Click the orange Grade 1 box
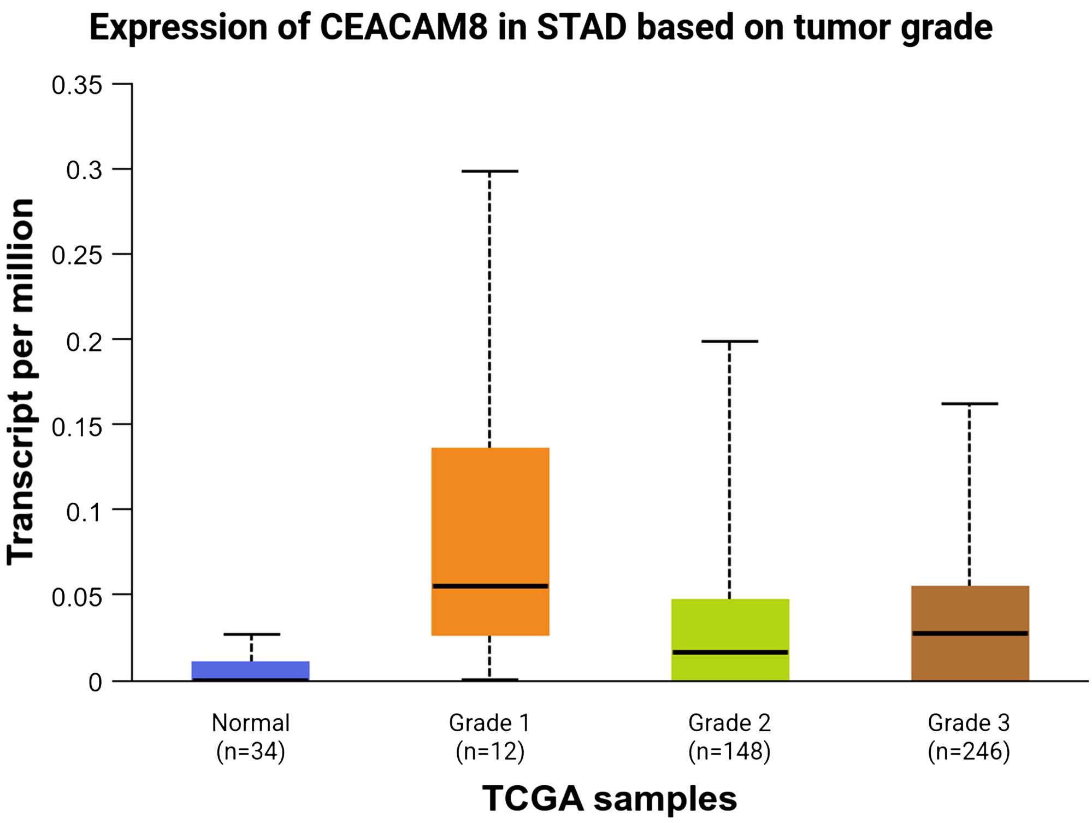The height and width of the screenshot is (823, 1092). (490, 542)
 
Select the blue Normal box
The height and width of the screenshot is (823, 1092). (251, 671)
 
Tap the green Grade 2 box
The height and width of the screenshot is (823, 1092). (730, 639)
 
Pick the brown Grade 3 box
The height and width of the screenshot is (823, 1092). (970, 633)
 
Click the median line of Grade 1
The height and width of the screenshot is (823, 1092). (490, 586)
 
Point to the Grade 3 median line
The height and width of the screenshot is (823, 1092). (970, 633)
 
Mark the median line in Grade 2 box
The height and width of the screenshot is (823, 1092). (730, 652)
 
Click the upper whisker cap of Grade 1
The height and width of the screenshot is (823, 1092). (490, 171)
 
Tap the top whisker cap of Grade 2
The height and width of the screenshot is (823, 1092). (730, 341)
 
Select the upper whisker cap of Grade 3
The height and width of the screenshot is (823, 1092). (970, 404)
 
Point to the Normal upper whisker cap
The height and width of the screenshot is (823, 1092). (251, 634)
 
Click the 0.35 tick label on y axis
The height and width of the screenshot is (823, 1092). (77, 85)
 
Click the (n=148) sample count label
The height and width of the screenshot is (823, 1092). (730, 752)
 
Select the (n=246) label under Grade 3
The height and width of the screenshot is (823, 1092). (969, 752)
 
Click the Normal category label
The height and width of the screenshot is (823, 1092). (251, 723)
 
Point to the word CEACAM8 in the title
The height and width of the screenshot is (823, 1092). (403, 27)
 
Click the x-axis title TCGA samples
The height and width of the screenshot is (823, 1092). (610, 798)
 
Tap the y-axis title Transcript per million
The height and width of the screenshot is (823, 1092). (21, 381)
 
